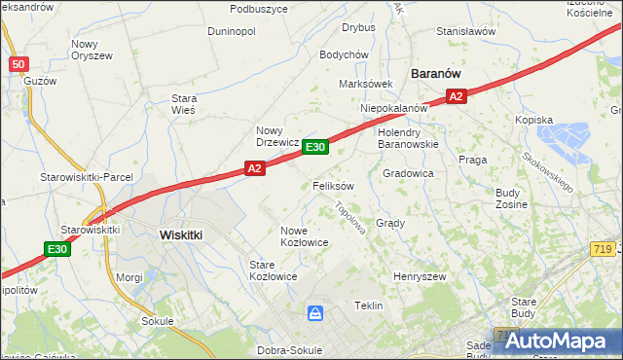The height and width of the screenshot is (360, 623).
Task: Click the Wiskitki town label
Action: [180, 234]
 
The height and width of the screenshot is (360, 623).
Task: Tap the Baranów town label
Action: [435, 73]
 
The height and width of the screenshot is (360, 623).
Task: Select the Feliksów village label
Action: [333, 185]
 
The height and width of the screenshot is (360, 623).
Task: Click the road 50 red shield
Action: [18, 64]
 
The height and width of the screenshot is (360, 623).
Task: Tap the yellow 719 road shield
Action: [600, 249]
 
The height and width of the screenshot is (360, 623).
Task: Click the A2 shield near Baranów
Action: [458, 95]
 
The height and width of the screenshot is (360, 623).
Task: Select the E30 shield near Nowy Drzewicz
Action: [314, 147]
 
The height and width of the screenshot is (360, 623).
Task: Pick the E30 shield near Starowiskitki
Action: [57, 249]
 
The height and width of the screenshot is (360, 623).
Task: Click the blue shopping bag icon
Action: [315, 313]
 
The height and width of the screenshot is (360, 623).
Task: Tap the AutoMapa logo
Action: [556, 341]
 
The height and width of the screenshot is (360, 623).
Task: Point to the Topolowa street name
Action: [349, 219]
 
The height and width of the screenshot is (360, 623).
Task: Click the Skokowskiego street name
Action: [548, 170]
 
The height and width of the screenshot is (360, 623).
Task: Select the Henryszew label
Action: [419, 277]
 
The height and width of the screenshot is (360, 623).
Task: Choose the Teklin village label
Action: [368, 305]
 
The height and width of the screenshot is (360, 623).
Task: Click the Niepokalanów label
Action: [394, 108]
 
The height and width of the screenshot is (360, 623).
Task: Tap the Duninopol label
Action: [232, 31]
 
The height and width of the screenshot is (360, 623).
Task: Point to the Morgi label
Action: [129, 277]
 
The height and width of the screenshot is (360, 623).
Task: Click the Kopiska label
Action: [534, 120]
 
